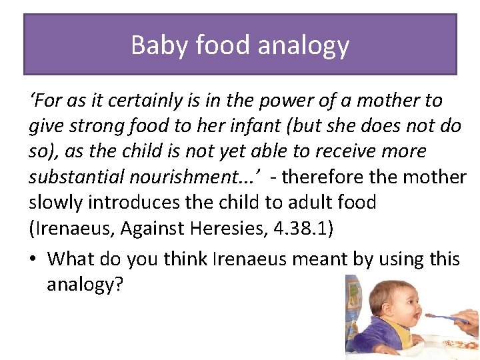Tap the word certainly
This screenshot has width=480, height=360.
pos(132,101)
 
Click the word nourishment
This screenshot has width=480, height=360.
pos(194,177)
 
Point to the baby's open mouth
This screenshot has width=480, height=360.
pos(417,313)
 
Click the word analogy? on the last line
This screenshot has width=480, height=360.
pos(85,285)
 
